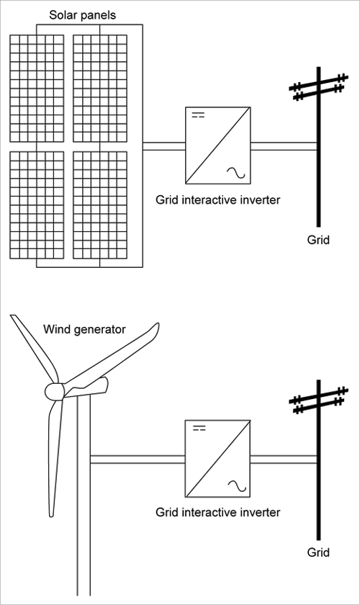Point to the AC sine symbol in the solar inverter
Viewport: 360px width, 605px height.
[x=235, y=172]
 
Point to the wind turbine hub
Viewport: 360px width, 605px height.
[x=55, y=391]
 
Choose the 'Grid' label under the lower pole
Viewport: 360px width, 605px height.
[x=317, y=552]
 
